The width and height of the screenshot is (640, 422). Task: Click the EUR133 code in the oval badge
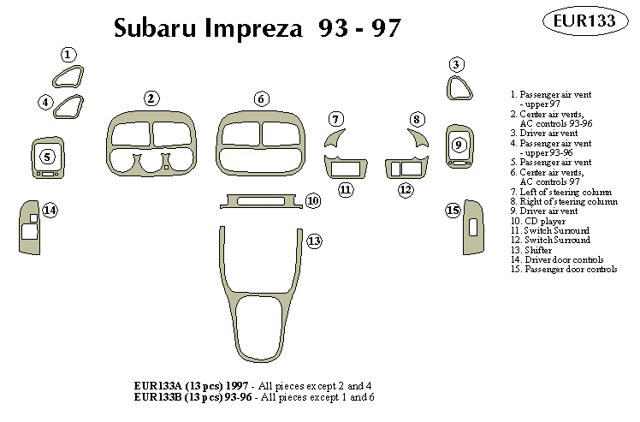(x=590, y=21)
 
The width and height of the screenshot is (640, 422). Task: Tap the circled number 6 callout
(x=260, y=98)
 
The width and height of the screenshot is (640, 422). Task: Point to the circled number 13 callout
(x=314, y=241)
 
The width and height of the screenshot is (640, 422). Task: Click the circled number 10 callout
(x=312, y=200)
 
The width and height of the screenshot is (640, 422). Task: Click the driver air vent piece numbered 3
(x=459, y=89)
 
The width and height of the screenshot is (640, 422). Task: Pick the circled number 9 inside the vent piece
(x=458, y=144)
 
